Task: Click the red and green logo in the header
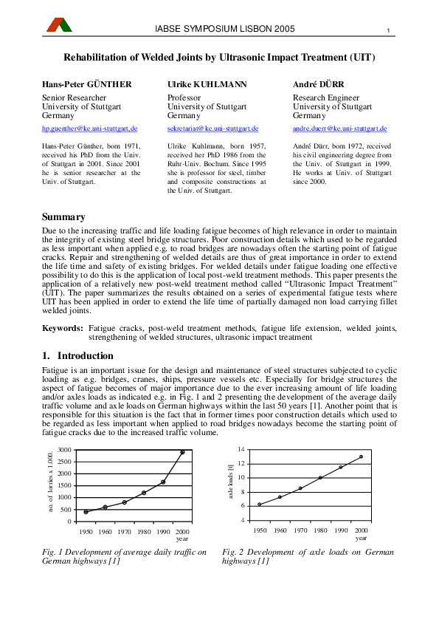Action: click(60, 25)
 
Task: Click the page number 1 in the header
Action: click(387, 30)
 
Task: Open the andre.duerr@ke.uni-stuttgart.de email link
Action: click(340, 129)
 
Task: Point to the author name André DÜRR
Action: click(319, 84)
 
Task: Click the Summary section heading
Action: click(63, 217)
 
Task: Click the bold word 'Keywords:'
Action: click(62, 327)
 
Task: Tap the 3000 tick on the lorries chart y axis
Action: click(64, 450)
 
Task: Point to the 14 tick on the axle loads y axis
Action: click(241, 449)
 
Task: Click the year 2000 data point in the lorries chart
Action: click(182, 452)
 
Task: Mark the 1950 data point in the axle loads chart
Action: click(260, 505)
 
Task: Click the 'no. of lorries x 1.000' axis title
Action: click(51, 484)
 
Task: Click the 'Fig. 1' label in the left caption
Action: click(52, 552)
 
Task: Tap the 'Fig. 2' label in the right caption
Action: click(232, 552)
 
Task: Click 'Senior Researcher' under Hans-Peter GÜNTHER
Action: click(75, 98)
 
